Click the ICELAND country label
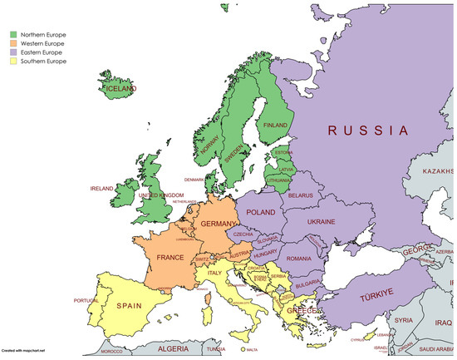pyautogui.click(x=120, y=88)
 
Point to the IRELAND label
pyautogui.click(x=101, y=189)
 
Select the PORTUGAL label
pyautogui.click(x=86, y=301)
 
